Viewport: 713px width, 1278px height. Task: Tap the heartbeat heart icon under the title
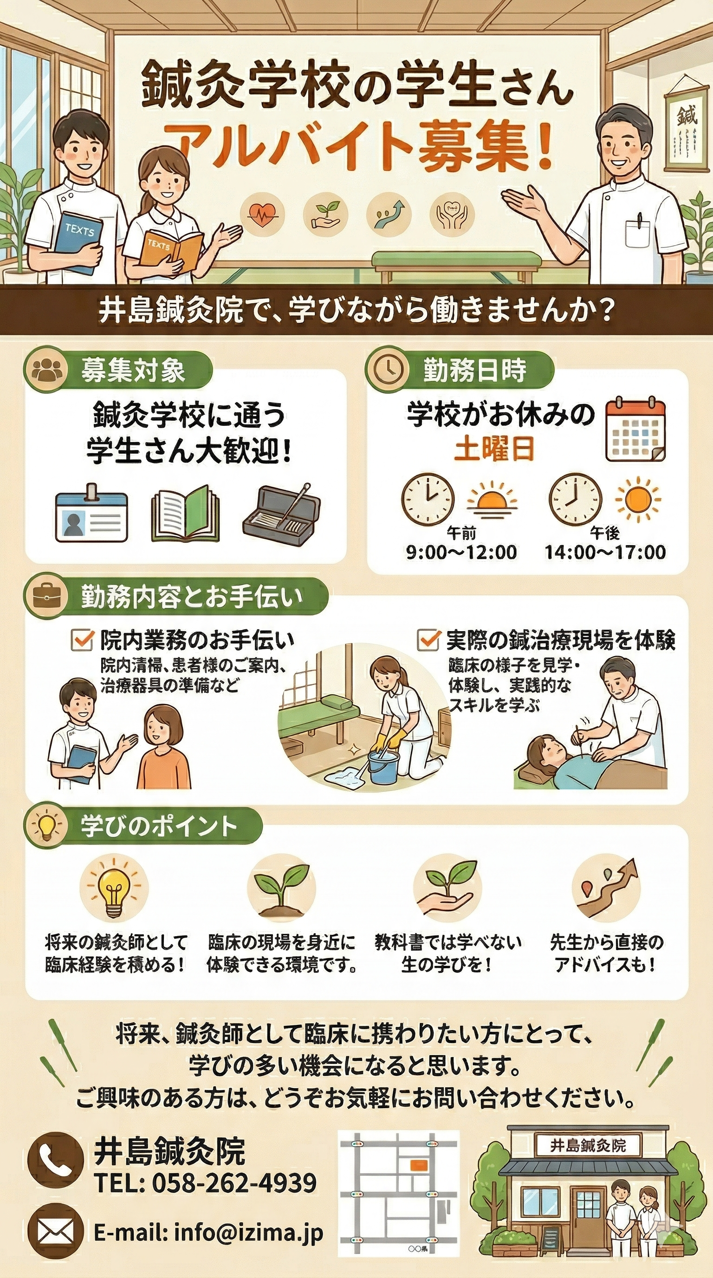point(262,215)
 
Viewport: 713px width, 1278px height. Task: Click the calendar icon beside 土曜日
point(635,430)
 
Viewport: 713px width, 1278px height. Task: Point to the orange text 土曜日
point(494,448)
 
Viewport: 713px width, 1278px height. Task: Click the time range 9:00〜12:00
point(461,552)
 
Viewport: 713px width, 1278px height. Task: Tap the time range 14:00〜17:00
point(605,552)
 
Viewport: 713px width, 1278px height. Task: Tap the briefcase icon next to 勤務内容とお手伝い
point(45,597)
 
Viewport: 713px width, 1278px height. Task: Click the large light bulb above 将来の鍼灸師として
point(114,887)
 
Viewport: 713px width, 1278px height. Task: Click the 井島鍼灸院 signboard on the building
point(588,1146)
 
